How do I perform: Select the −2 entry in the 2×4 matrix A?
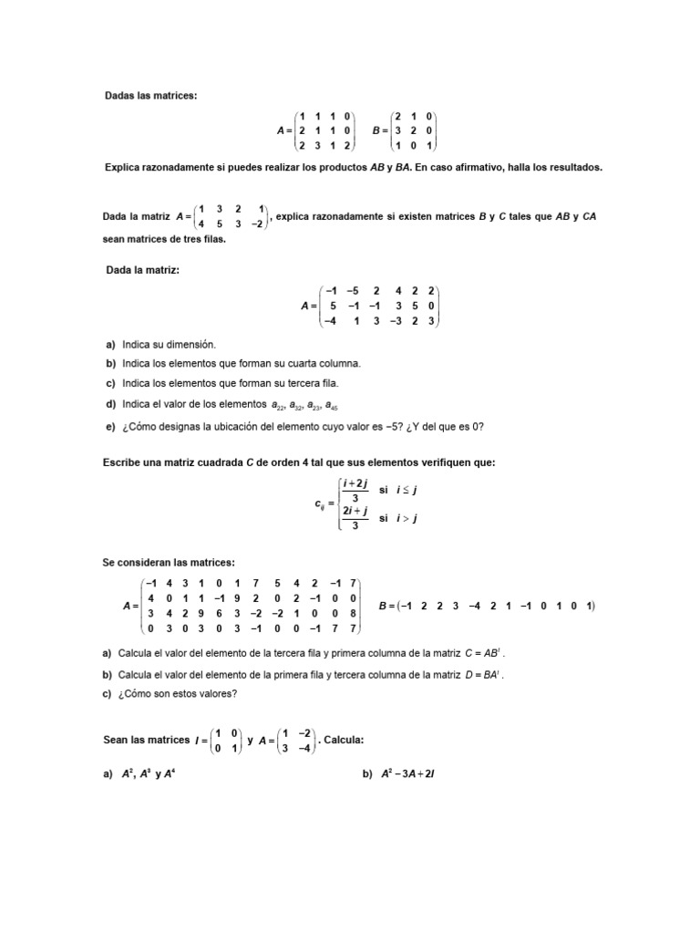tap(259, 223)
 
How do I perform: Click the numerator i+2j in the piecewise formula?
tap(355, 483)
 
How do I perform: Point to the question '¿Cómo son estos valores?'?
tap(177, 694)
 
